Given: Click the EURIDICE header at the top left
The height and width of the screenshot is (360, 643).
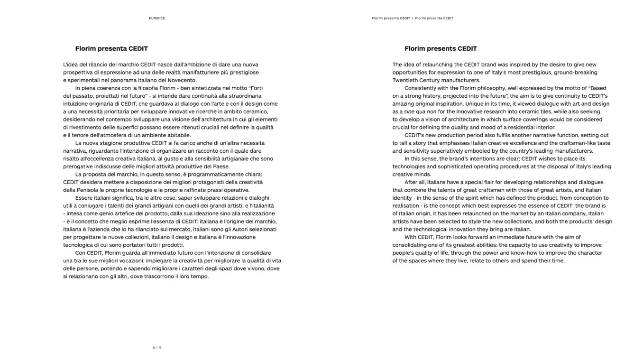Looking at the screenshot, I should click(x=156, y=18).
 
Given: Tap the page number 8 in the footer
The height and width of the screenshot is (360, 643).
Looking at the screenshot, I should click(x=154, y=348).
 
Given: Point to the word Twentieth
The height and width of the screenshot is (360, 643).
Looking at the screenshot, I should click(x=405, y=80).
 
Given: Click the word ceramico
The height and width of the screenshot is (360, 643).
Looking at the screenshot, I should click(x=255, y=111).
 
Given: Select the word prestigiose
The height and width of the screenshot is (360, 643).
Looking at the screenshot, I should click(x=243, y=73).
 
